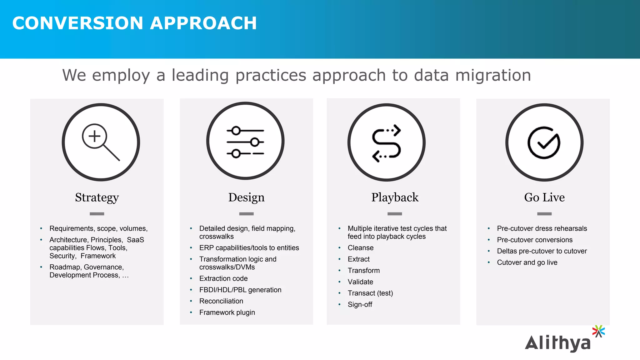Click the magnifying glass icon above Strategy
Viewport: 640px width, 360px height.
coord(101,142)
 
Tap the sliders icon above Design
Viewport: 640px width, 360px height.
coord(245,142)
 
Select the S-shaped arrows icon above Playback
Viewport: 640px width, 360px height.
coord(387,143)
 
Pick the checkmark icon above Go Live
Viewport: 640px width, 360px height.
coord(544,143)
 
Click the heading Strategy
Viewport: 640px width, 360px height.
coord(97,197)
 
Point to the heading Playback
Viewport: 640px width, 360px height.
coord(395,197)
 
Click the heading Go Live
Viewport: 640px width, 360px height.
coord(544,197)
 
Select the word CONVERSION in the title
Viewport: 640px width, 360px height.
coord(77,23)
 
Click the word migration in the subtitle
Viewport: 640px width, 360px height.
coord(493,75)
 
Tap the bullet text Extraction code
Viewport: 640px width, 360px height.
coord(223,278)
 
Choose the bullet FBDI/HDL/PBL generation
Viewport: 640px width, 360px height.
coord(240,290)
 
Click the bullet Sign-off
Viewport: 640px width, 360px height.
coord(360,305)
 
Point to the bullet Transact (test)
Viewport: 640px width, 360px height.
coord(370,293)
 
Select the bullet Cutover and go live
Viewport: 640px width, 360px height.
coord(527,262)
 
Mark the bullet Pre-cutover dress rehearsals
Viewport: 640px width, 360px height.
coord(542,228)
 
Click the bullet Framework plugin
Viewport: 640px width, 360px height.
coord(227,312)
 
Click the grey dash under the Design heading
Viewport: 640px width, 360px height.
coord(246,214)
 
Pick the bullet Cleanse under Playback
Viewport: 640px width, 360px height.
coord(361,248)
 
